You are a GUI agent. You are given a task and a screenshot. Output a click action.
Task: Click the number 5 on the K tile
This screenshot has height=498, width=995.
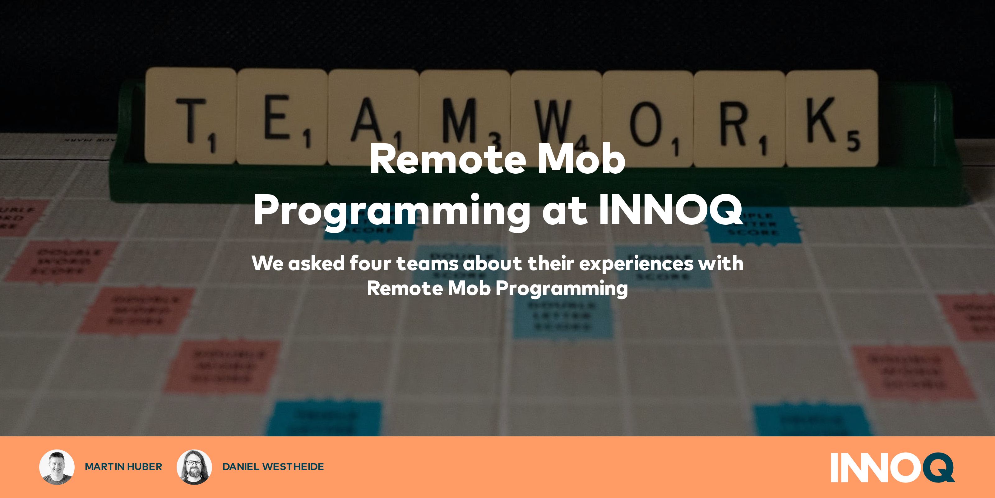853,141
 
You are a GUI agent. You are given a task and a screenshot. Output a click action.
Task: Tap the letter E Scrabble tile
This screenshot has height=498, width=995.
282,116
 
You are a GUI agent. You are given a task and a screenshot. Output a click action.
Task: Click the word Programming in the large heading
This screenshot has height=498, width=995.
391,211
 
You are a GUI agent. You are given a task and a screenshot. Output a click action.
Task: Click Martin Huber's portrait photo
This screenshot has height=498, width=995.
57,467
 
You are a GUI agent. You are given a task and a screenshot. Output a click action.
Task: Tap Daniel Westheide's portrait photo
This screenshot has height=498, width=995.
194,467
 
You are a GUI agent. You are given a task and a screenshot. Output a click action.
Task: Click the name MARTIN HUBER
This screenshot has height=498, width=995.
123,467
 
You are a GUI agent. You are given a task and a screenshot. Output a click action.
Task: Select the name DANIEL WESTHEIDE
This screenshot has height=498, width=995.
273,467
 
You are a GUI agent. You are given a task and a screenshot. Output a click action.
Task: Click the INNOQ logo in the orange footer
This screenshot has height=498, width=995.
892,467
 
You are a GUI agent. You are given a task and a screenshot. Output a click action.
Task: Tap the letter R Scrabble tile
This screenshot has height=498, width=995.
739,118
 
